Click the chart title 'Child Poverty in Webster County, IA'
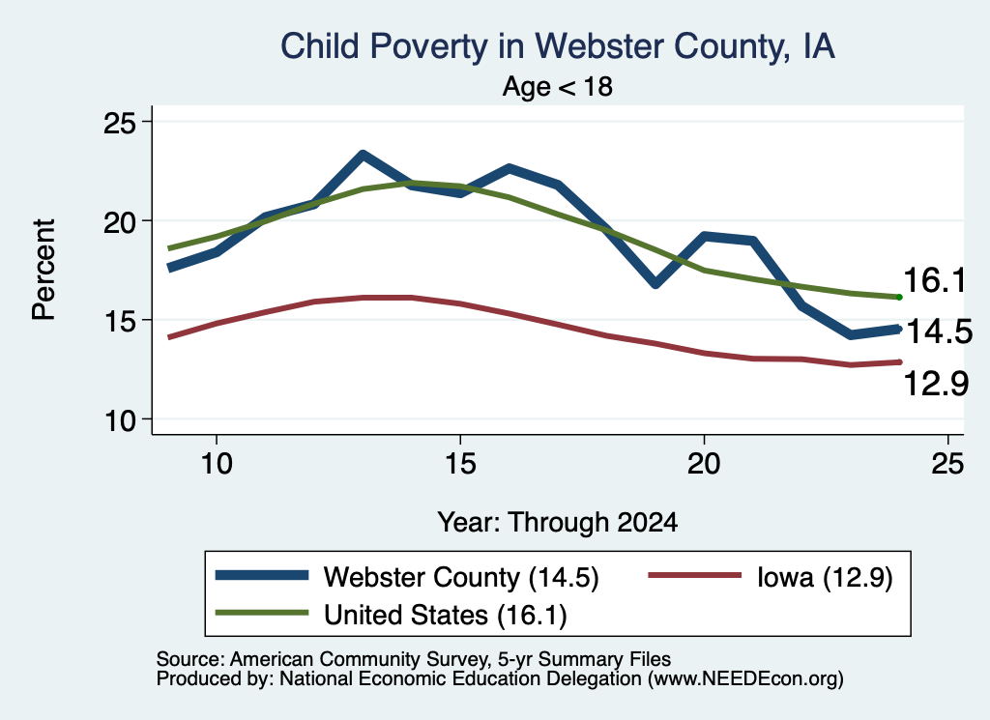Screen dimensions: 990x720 [558, 46]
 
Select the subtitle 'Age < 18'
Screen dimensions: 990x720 [558, 86]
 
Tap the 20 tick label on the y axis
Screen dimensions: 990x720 [119, 221]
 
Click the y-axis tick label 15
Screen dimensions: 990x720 [119, 321]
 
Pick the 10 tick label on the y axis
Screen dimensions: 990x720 [119, 420]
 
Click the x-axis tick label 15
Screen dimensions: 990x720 [460, 464]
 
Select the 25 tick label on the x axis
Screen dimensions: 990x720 [947, 464]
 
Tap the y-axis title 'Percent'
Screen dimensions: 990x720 [44, 270]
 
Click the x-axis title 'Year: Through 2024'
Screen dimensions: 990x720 [558, 523]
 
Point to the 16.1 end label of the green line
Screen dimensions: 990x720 [935, 279]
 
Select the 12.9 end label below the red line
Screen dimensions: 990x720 [936, 383]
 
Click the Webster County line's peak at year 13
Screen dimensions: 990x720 [363, 155]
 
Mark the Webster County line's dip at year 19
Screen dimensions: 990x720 [655, 283]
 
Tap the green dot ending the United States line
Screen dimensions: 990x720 [899, 298]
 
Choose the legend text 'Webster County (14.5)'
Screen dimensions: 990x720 [461, 577]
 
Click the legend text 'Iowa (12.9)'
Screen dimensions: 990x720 [825, 577]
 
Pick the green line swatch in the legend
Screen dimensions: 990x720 [262, 613]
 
